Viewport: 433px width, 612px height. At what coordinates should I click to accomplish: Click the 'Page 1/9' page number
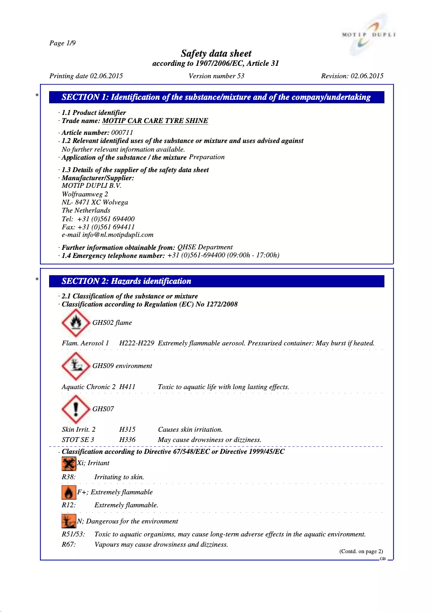pyautogui.click(x=62, y=43)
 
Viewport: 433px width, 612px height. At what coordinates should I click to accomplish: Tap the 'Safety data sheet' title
pyautogui.click(x=216, y=53)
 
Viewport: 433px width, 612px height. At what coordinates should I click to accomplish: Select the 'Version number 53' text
pyautogui.click(x=216, y=76)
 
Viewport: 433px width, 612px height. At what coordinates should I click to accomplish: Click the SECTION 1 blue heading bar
pyautogui.click(x=216, y=98)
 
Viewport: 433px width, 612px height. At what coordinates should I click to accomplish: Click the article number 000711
pyautogui.click(x=122, y=132)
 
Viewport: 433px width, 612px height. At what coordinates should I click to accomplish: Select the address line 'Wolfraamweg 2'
pyautogui.click(x=85, y=194)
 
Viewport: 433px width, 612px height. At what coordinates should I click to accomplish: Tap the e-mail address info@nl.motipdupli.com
pyautogui.click(x=107, y=235)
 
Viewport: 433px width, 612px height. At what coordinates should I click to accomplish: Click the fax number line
pyautogui.click(x=98, y=227)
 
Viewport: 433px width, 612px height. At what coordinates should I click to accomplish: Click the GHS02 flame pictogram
pyautogui.click(x=76, y=323)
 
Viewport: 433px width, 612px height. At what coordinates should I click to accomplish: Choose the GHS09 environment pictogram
pyautogui.click(x=76, y=365)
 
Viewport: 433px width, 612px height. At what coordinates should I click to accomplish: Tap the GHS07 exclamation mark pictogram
pyautogui.click(x=76, y=409)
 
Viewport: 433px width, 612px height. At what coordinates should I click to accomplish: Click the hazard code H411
pyautogui.click(x=127, y=387)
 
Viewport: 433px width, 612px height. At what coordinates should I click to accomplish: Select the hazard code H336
pyautogui.click(x=127, y=440)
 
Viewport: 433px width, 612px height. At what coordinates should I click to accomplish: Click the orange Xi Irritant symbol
pyautogui.click(x=69, y=463)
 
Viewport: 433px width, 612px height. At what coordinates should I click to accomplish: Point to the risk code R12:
pyautogui.click(x=69, y=505)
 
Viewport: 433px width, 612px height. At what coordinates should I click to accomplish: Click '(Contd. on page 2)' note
pyautogui.click(x=361, y=551)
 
